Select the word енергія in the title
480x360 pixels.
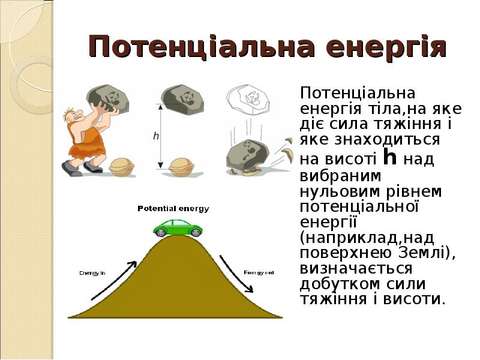click(x=372, y=47)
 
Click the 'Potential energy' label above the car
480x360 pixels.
click(x=174, y=209)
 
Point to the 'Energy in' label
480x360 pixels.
click(x=92, y=273)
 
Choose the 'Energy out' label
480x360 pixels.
click(x=259, y=273)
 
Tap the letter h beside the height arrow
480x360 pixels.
click(x=156, y=136)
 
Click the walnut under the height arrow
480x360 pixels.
click(x=182, y=166)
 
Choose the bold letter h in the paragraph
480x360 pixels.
click(x=390, y=158)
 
